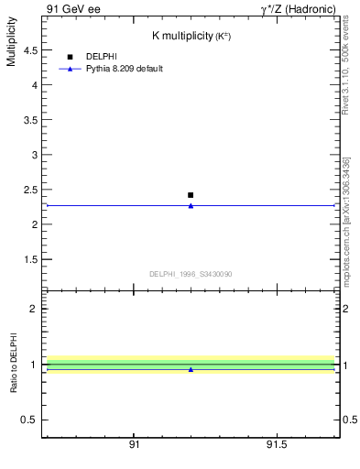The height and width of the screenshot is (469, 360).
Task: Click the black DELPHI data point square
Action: [x=191, y=195]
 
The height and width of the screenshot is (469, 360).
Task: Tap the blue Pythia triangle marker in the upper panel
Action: [x=191, y=206]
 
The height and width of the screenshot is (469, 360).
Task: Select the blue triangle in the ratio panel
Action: [x=191, y=369]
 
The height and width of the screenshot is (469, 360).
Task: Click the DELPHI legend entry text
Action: [x=101, y=57]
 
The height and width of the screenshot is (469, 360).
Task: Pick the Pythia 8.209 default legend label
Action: [x=124, y=69]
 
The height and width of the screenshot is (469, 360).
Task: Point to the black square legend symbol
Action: [x=70, y=57]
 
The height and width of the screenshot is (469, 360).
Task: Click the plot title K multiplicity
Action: [x=191, y=36]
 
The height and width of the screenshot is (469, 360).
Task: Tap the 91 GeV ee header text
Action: [x=73, y=8]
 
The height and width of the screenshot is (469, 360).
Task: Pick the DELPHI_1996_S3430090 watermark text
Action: [x=191, y=274]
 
